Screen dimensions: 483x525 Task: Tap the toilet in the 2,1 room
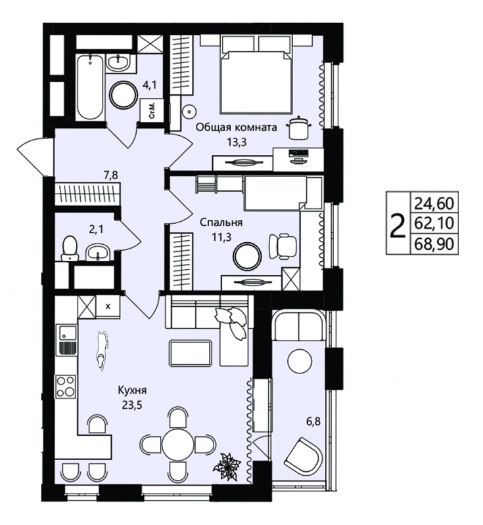tap(70, 248)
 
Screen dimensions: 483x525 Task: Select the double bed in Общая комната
tap(256, 79)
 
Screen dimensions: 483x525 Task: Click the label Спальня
tap(221, 222)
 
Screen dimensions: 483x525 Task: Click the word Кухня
tap(132, 390)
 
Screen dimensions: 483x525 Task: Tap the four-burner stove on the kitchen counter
tap(66, 386)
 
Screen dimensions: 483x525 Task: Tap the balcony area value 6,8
tap(313, 421)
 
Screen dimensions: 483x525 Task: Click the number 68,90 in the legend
tap(434, 244)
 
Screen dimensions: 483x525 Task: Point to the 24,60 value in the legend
tap(434, 203)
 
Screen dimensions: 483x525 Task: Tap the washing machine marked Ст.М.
tap(152, 111)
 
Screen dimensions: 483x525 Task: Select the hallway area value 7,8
tap(110, 175)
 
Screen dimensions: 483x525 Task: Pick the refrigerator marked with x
tap(108, 306)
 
